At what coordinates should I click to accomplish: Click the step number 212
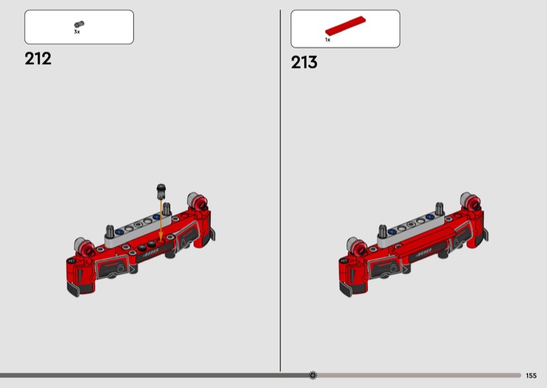[x=38, y=59]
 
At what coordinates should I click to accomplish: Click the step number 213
[x=304, y=62]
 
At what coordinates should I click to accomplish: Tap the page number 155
[x=531, y=376]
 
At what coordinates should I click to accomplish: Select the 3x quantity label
[x=77, y=31]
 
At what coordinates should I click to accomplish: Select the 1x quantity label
[x=328, y=40]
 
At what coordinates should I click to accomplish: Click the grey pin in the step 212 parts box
[x=79, y=24]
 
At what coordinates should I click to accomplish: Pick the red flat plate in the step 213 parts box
[x=345, y=26]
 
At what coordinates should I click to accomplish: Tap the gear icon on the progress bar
[x=313, y=375]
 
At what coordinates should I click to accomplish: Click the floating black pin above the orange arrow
[x=161, y=191]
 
